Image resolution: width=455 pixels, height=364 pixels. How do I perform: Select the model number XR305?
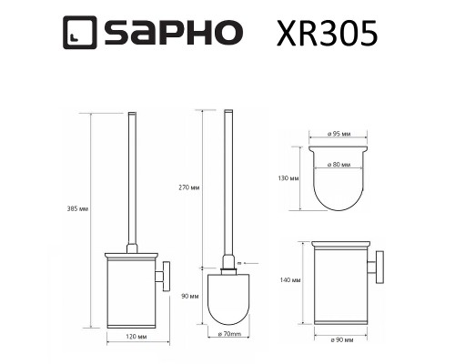tap(325, 34)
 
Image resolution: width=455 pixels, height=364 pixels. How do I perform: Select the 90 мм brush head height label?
tap(190, 296)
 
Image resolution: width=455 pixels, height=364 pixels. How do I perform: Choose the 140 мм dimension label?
tap(291, 282)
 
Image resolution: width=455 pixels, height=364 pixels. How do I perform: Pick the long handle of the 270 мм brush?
tap(227, 182)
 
